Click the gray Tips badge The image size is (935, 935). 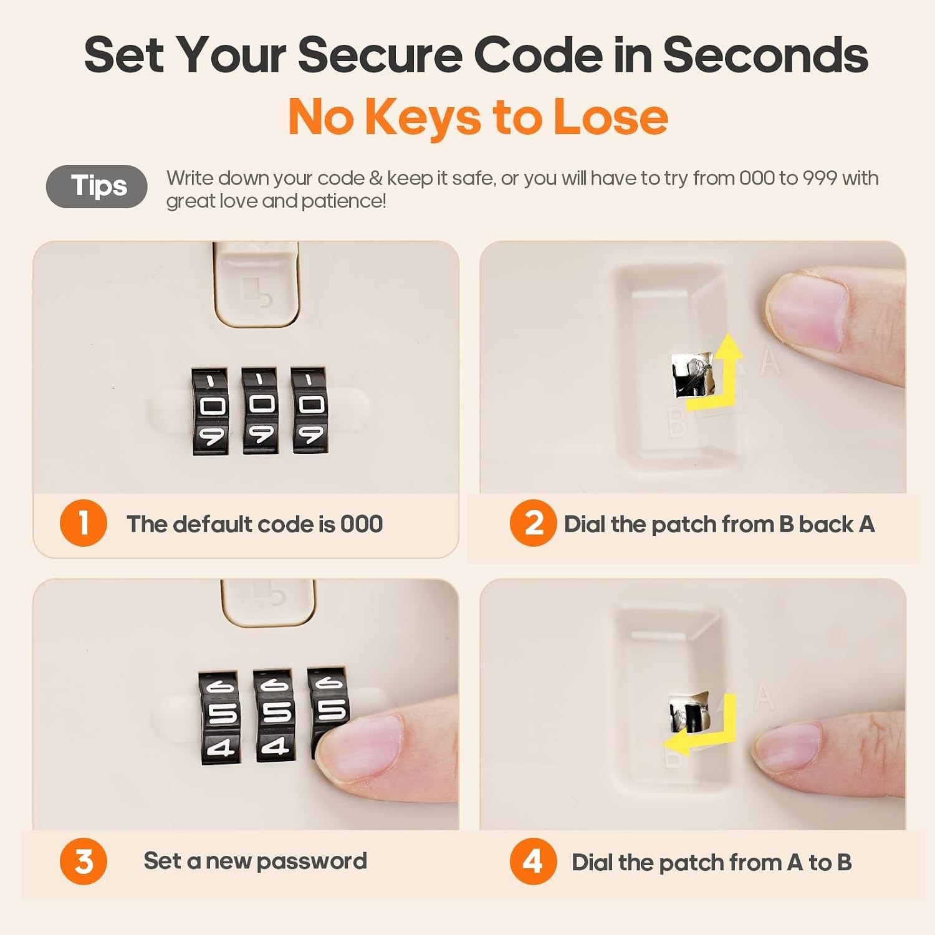(x=97, y=186)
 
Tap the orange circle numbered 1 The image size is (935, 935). (x=84, y=523)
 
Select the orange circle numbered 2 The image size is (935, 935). (x=533, y=523)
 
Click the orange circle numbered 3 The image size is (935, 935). (x=84, y=861)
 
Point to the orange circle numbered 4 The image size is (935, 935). (x=533, y=861)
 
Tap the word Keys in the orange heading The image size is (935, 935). (x=423, y=117)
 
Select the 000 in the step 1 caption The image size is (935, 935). (x=362, y=524)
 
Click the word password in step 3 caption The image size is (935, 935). (x=312, y=861)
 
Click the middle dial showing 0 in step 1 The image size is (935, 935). (x=261, y=410)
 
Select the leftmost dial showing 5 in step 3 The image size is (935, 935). (x=218, y=717)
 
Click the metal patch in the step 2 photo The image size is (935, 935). (x=692, y=374)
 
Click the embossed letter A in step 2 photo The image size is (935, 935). (x=770, y=361)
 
